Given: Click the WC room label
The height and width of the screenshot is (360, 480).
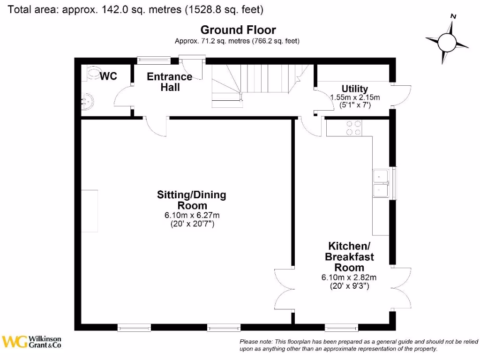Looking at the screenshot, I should [x=108, y=76].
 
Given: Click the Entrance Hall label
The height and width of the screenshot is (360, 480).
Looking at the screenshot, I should [x=169, y=82].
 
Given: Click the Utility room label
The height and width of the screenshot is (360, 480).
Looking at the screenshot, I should [x=354, y=89].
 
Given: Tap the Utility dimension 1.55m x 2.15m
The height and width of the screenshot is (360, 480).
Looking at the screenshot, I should [x=355, y=97].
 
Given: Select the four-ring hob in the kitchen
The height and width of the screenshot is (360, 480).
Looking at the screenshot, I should [x=353, y=128].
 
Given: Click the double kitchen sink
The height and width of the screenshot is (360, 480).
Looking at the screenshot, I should [x=380, y=183].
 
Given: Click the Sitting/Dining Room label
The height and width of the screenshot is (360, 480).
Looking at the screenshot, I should [x=191, y=200].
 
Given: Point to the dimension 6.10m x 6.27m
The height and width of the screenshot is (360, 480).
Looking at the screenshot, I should [x=191, y=216].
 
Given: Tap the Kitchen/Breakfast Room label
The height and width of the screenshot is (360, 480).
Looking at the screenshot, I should [x=349, y=256].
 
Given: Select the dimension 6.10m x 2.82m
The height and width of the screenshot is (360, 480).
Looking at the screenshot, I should [x=349, y=277].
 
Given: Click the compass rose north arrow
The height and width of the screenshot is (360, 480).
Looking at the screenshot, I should [x=447, y=42].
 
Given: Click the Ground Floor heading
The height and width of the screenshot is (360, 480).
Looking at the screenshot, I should [x=238, y=30].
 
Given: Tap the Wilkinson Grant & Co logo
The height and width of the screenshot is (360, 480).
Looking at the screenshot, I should [x=32, y=342].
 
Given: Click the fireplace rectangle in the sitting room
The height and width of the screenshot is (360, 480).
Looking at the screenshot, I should [x=90, y=211].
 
